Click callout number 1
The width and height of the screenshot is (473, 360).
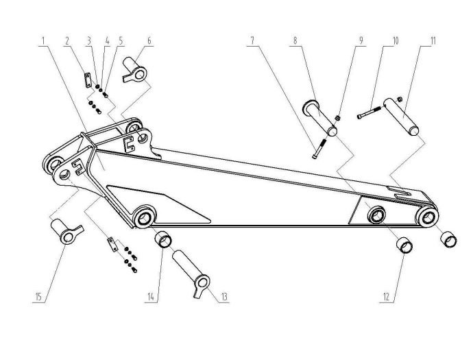tap(43, 40)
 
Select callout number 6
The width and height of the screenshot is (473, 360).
tap(149, 40)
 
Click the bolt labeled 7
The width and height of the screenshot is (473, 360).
tap(317, 148)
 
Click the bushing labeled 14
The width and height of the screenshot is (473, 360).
tap(165, 239)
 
